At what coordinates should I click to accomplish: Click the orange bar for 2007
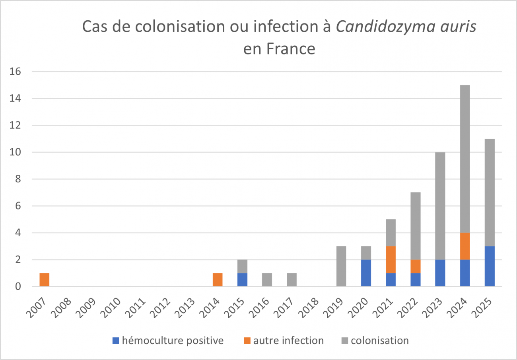pyautogui.click(x=44, y=279)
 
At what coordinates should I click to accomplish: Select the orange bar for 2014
pyautogui.click(x=218, y=279)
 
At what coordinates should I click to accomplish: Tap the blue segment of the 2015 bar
pyautogui.click(x=242, y=279)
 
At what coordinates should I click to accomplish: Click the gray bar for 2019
pyautogui.click(x=341, y=266)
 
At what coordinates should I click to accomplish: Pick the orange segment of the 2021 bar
pyautogui.click(x=391, y=259)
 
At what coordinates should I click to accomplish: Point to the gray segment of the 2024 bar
pyautogui.click(x=465, y=159)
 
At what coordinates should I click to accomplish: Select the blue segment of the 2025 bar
pyautogui.click(x=490, y=266)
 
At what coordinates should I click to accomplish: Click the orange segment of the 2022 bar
pyautogui.click(x=416, y=266)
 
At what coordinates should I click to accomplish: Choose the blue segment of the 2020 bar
pyautogui.click(x=366, y=273)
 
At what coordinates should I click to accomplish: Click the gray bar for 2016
pyautogui.click(x=267, y=279)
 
